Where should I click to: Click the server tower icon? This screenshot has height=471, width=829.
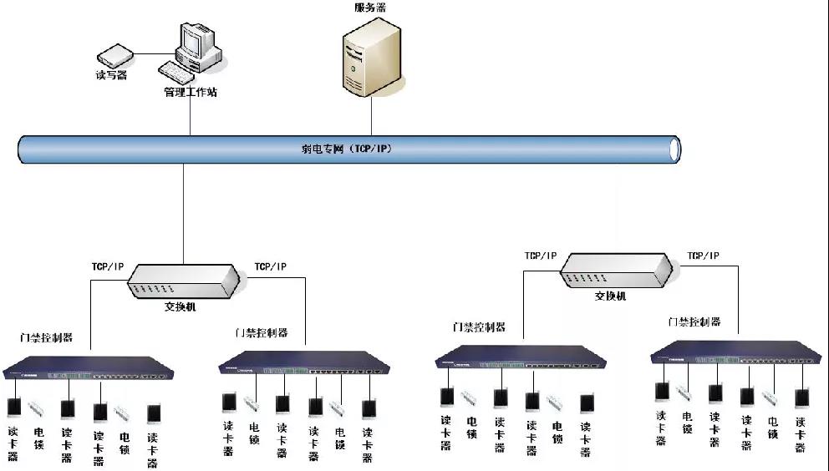tap(370, 57)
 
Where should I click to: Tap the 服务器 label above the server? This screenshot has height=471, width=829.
tap(370, 8)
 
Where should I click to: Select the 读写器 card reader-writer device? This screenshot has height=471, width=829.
tap(114, 57)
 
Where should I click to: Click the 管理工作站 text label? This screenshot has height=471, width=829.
tap(190, 92)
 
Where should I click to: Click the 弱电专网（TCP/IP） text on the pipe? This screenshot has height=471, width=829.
tap(346, 149)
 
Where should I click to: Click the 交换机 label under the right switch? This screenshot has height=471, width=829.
tap(610, 296)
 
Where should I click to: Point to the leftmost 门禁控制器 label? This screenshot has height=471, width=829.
tap(47, 337)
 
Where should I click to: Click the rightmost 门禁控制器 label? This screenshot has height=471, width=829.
tap(694, 322)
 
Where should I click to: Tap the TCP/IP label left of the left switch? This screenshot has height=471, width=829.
tap(108, 267)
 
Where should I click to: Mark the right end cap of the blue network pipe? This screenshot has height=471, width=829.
tap(674, 149)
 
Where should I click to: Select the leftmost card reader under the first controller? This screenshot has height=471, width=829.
tap(14, 408)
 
